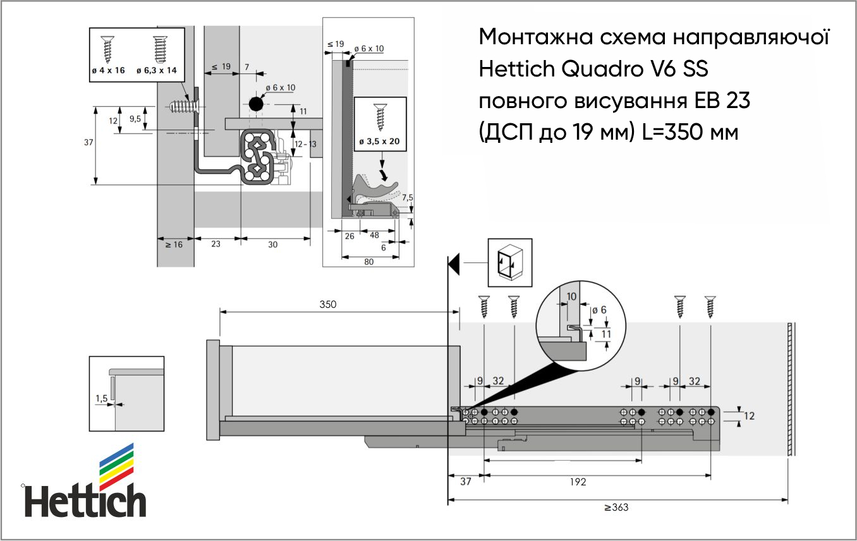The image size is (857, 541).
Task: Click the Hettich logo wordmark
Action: [x=85, y=501]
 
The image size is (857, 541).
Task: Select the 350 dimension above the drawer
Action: [x=328, y=304]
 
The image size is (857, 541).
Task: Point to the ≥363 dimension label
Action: [x=616, y=508]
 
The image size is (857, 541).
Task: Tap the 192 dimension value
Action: [x=578, y=482]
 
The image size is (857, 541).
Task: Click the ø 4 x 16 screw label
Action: [x=108, y=70]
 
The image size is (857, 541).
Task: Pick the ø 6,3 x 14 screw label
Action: [x=157, y=70]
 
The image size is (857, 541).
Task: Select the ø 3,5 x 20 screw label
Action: [x=379, y=142]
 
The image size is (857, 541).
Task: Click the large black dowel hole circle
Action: [x=256, y=104]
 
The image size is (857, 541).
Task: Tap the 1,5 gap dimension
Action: [x=101, y=398]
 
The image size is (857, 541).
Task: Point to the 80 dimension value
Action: [x=369, y=262]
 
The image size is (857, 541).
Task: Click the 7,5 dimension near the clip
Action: [x=408, y=197]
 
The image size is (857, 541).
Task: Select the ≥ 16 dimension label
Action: [x=174, y=245]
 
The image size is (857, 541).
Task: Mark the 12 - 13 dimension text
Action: [x=305, y=144]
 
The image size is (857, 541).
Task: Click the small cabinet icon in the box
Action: [x=509, y=262]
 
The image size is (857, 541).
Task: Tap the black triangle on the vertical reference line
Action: [x=454, y=264]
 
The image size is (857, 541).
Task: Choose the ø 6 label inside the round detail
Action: [x=599, y=310]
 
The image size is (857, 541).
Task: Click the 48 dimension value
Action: [x=374, y=235]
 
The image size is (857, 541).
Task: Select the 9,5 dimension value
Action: [x=135, y=119]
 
